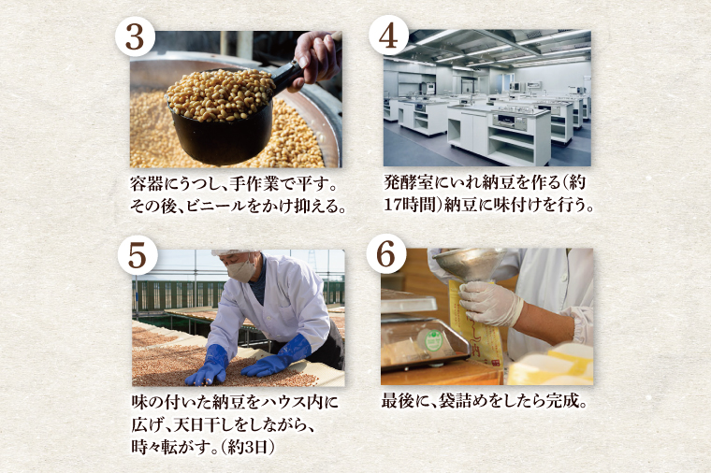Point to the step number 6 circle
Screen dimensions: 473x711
[388, 255]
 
